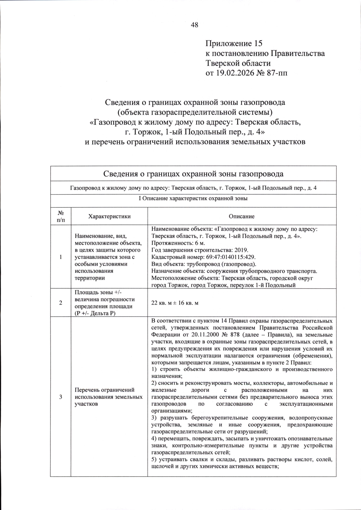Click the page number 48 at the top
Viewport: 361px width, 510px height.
tap(194, 25)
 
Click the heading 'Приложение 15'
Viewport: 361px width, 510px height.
tap(234, 44)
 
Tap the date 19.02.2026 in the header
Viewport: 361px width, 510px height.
tap(233, 73)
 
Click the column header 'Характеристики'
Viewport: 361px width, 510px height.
tap(109, 216)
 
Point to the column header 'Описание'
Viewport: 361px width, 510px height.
tap(242, 216)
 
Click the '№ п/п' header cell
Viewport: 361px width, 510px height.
tap(60, 216)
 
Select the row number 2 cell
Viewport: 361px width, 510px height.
tap(60, 303)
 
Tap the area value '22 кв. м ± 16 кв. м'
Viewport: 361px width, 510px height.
tap(174, 303)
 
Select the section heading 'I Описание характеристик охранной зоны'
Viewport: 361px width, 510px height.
tap(193, 199)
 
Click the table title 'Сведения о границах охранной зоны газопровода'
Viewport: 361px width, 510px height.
tap(193, 174)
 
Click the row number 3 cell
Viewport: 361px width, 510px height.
tap(60, 397)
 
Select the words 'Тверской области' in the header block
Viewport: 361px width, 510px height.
tap(238, 63)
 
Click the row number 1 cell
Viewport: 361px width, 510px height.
tap(60, 257)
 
